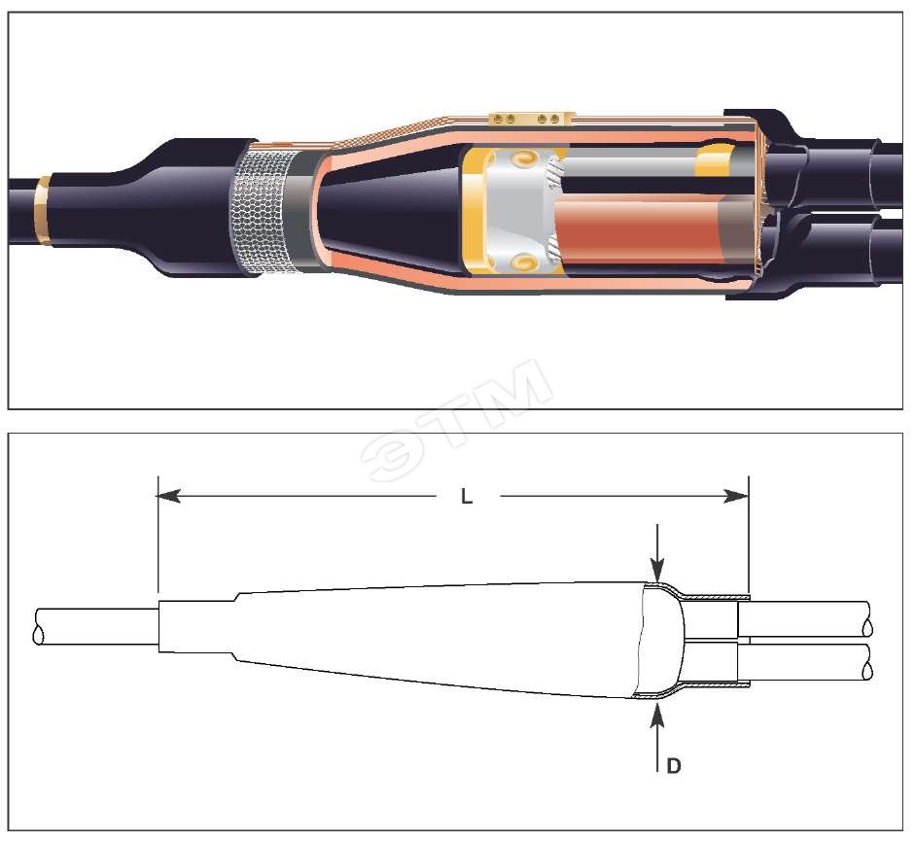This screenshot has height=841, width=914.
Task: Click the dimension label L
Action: (x=467, y=497)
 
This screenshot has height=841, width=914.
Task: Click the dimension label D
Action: (x=673, y=766)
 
